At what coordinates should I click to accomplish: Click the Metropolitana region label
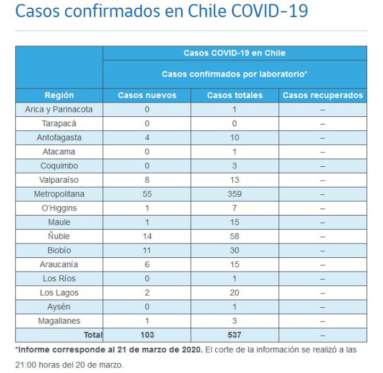59,194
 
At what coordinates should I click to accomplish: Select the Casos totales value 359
235,194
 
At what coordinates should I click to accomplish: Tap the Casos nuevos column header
147,95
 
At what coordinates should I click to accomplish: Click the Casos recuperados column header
323,95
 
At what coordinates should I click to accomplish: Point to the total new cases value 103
147,335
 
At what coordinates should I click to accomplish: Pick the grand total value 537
235,335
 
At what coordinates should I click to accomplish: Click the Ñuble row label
59,236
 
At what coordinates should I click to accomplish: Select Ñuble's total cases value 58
235,236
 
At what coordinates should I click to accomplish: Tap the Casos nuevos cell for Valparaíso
147,180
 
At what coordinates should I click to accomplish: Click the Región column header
59,95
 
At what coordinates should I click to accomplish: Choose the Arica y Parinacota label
59,110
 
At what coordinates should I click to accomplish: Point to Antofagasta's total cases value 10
235,138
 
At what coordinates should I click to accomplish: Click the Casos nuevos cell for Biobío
147,251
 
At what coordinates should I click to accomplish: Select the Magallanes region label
59,321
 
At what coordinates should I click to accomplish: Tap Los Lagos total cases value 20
235,293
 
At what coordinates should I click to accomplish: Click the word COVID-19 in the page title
270,10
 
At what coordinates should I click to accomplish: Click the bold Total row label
93,335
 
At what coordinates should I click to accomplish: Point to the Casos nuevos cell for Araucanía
147,264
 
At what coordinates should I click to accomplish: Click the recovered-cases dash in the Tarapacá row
323,125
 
